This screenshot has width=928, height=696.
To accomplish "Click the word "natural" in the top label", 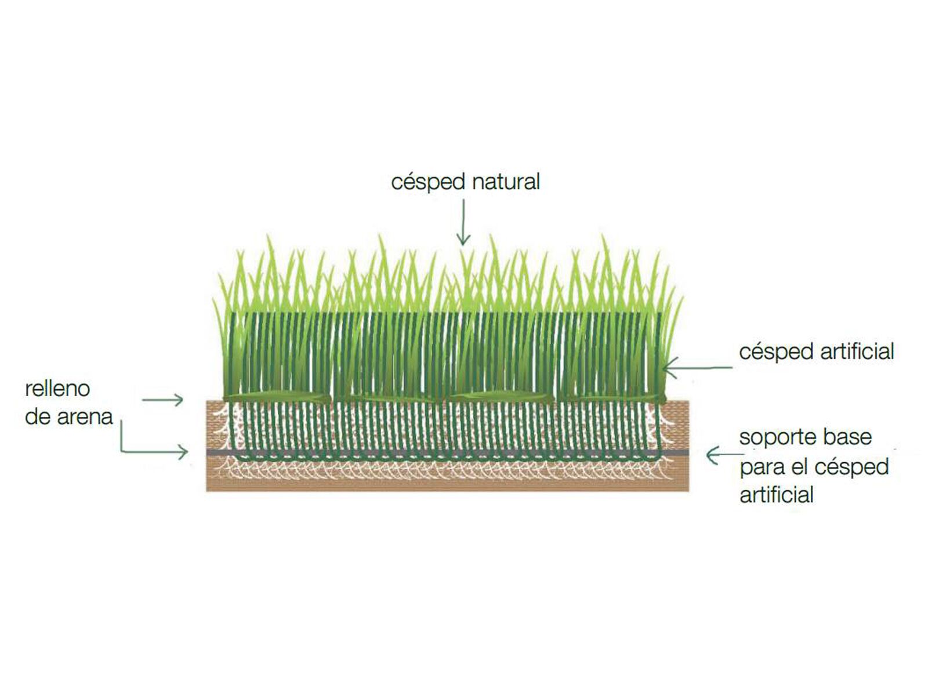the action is [506, 182].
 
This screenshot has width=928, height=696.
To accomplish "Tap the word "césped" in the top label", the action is [428, 183].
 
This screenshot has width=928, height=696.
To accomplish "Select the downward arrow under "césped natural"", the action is [463, 222].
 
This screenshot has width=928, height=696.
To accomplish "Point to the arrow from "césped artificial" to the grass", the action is [698, 368].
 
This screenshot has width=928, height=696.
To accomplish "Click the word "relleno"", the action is [57, 389].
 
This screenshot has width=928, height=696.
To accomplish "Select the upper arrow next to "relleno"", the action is [162, 400].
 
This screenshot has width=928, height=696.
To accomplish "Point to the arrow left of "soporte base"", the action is [724, 455].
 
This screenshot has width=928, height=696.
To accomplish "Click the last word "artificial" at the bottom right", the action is [777, 495].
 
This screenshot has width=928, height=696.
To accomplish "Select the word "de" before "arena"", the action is [38, 416].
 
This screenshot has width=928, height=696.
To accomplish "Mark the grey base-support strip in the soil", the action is [447, 452].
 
